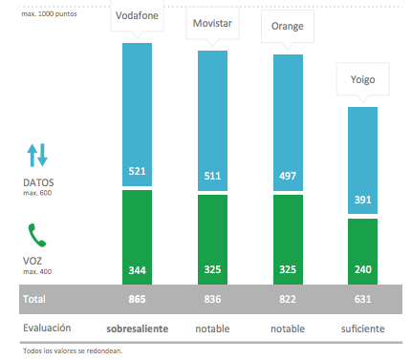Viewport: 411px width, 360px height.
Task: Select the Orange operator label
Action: pyautogui.click(x=287, y=26)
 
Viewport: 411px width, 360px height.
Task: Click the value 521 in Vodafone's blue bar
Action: pyautogui.click(x=138, y=172)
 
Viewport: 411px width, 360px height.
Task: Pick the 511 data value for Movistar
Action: pyautogui.click(x=213, y=176)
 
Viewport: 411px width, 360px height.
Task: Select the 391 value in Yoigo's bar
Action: pyautogui.click(x=362, y=201)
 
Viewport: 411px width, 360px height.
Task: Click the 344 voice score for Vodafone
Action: pyautogui.click(x=138, y=270)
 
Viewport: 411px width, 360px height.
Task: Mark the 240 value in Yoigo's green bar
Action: pyautogui.click(x=362, y=270)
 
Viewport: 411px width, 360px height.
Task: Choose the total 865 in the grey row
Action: pyautogui.click(x=138, y=299)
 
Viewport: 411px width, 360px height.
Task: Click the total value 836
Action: pyautogui.click(x=213, y=299)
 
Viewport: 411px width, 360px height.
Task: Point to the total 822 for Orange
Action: pyautogui.click(x=289, y=299)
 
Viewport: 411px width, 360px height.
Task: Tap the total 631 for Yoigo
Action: pyautogui.click(x=362, y=299)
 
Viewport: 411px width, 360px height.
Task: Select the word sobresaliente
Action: pyautogui.click(x=138, y=328)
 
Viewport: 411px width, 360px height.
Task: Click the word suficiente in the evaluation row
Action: pyautogui.click(x=362, y=328)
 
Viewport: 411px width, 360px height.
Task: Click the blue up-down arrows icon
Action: pyautogui.click(x=36, y=155)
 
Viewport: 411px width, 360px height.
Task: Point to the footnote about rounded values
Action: pyautogui.click(x=72, y=350)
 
